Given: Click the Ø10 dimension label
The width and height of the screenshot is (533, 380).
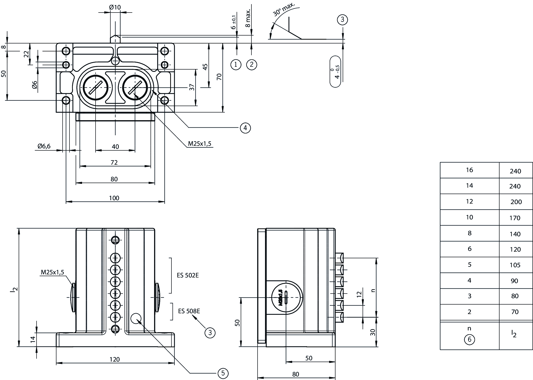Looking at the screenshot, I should (115, 7).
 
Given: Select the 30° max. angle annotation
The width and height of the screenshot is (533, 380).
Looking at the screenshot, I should (284, 9).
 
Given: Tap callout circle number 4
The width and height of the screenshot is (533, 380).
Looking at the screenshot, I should (245, 128).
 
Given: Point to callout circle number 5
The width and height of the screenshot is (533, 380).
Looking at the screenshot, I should (223, 373).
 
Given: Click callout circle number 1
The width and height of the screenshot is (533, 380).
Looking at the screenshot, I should (236, 64).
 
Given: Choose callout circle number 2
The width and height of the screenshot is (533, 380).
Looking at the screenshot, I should (251, 64).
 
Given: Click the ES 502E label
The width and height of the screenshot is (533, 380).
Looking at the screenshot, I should (188, 275).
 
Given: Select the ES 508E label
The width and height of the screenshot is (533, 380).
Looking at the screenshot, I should (189, 311).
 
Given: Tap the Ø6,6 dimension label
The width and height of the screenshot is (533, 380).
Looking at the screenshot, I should (44, 146).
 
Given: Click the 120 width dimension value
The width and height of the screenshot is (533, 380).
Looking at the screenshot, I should (114, 359).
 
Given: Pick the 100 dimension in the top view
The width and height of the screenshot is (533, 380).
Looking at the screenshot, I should (114, 198).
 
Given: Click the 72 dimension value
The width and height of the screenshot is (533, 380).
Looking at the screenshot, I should (114, 162).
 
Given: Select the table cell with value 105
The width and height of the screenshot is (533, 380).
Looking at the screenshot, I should (515, 265).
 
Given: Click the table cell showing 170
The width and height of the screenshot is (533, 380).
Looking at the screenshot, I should (515, 218).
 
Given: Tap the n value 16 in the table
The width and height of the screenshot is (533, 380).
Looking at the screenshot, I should (469, 170).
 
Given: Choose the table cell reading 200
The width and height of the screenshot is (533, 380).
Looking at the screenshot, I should (516, 202).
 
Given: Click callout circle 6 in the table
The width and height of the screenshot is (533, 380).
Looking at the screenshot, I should (469, 340).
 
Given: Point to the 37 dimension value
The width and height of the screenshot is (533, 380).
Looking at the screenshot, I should (192, 87).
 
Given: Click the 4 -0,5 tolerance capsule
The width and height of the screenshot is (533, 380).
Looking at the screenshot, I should (335, 71).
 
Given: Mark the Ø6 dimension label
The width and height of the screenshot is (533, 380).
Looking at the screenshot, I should (35, 85).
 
